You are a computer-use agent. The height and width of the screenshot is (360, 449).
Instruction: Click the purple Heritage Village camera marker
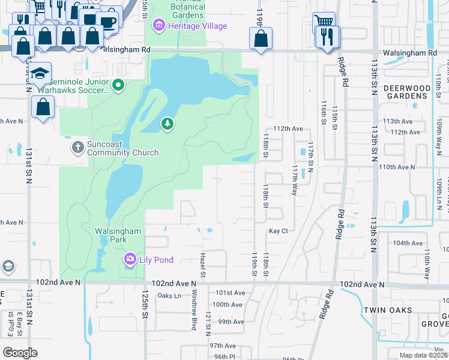159,26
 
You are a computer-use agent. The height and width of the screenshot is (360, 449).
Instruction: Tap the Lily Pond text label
158,260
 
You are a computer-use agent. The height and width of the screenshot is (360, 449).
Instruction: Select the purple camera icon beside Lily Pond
130,259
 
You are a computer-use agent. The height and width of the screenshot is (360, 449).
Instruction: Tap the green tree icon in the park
168,124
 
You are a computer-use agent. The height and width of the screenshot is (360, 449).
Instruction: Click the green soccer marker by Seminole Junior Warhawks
118,86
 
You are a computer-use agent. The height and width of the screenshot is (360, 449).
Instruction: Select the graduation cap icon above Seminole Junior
40,74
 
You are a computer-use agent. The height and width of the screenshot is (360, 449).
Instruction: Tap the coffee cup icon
108,22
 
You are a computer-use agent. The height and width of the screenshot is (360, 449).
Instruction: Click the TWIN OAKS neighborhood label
387,310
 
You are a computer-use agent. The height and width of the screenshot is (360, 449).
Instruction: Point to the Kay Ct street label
279,231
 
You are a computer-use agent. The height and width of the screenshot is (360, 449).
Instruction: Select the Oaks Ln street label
169,295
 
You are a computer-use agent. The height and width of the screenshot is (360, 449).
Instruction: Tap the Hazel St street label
203,266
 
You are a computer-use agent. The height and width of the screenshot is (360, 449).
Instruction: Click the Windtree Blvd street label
194,312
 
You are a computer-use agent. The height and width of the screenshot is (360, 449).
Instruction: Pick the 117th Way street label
295,180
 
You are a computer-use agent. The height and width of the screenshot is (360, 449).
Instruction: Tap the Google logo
20,353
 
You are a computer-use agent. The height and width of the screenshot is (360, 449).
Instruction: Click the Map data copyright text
423,355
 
